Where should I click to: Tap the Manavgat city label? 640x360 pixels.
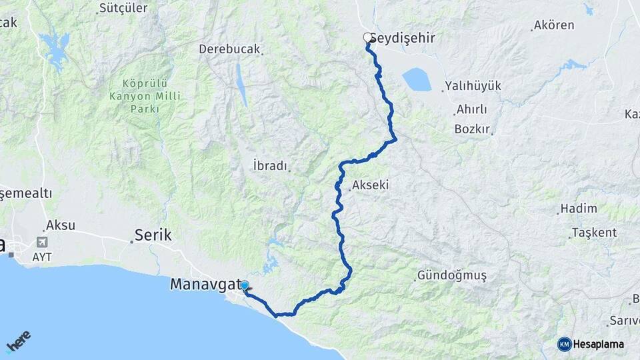click(205, 284)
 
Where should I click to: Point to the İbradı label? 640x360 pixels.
click(270, 165)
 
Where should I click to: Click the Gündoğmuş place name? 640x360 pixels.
click(452, 275)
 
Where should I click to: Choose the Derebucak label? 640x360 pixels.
click(229, 49)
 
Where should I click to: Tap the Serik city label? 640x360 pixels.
click(153, 235)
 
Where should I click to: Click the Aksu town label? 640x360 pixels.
click(61, 225)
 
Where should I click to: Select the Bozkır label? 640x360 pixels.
click(472, 129)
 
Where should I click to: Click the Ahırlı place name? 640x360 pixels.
click(472, 109)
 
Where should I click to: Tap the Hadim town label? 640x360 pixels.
click(579, 208)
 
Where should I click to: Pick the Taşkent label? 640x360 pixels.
click(594, 233)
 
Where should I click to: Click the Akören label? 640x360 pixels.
click(554, 26)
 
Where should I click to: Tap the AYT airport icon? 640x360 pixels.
click(43, 242)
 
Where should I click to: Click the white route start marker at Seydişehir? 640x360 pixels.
click(367, 38)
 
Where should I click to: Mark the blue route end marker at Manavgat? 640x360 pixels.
click(245, 286)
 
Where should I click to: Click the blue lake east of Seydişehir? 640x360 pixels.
click(417, 80)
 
